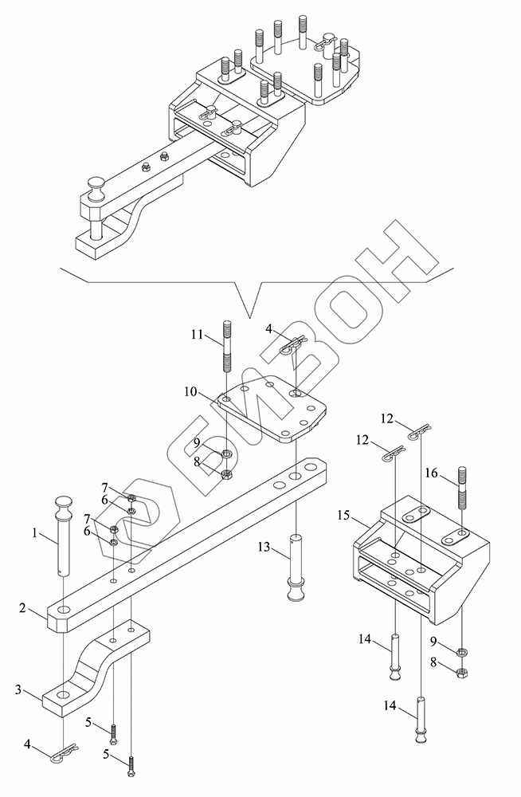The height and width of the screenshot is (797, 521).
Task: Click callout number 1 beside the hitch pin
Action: [x=34, y=533]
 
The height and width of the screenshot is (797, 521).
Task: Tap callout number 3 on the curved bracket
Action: [x=18, y=689]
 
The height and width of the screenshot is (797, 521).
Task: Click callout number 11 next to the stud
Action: [x=198, y=335]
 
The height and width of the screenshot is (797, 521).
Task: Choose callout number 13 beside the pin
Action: [x=264, y=547]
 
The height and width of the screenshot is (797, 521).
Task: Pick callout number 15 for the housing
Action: [x=343, y=516]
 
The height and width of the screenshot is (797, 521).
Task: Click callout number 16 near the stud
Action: [x=431, y=474]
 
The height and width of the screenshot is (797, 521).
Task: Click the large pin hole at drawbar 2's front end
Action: [x=64, y=609]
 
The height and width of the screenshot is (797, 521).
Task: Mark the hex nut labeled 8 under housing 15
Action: [x=462, y=673]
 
